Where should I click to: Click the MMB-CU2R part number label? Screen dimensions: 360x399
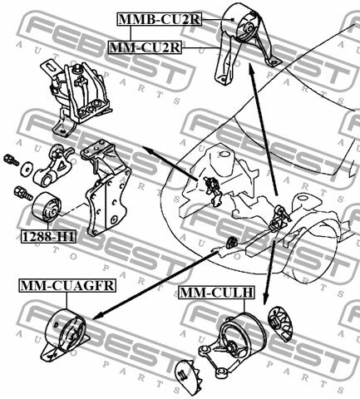(x=160, y=19)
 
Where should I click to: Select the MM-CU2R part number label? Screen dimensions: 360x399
(x=145, y=47)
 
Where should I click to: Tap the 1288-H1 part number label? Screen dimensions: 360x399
(x=48, y=237)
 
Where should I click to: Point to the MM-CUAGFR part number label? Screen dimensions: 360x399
(x=67, y=285)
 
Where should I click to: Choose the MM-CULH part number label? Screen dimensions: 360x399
(x=216, y=293)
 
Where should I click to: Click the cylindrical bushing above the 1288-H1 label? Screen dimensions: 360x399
(x=47, y=207)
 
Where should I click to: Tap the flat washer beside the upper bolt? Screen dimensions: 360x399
(x=27, y=169)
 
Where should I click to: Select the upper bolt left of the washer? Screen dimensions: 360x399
(x=11, y=160)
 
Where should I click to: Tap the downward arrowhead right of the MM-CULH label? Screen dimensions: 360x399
(x=265, y=300)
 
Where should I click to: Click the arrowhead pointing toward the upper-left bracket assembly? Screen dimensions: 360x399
(x=148, y=150)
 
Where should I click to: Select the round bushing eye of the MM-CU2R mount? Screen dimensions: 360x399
(x=248, y=30)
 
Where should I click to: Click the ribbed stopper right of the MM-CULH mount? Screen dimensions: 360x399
(x=280, y=323)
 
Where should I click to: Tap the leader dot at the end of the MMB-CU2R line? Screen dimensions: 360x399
(x=233, y=19)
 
